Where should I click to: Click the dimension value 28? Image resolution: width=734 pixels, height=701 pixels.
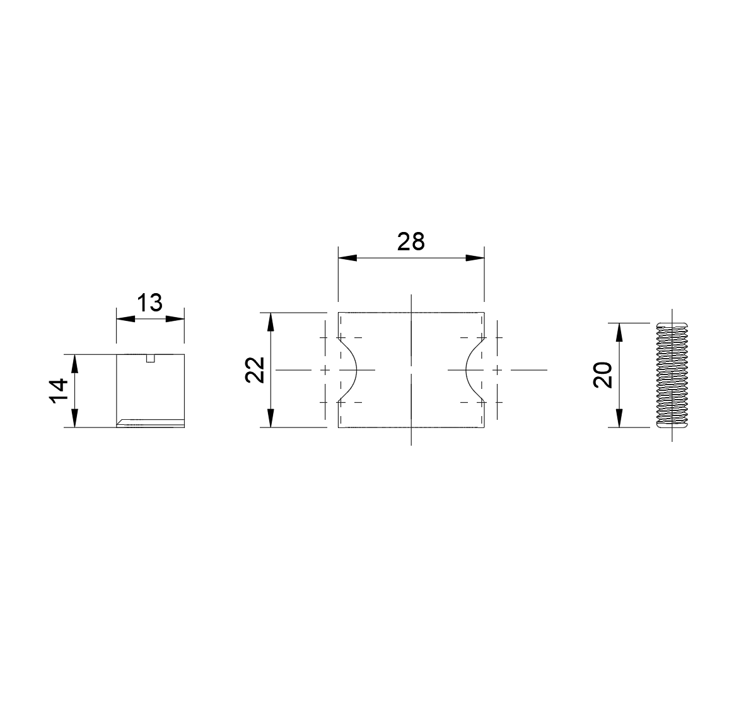(x=411, y=242)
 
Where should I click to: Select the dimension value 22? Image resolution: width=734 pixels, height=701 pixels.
(x=256, y=369)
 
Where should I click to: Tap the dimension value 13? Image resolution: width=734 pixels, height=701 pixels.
(x=150, y=303)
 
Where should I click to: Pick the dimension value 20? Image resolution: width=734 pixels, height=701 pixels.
(x=603, y=375)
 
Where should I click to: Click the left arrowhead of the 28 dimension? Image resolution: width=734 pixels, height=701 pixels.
(x=348, y=258)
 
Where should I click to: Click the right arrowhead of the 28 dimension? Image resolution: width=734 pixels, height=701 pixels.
(x=475, y=258)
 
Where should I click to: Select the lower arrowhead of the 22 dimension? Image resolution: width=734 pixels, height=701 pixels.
(x=271, y=418)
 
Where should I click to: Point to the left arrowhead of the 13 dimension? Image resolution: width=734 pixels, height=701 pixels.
(x=125, y=319)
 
